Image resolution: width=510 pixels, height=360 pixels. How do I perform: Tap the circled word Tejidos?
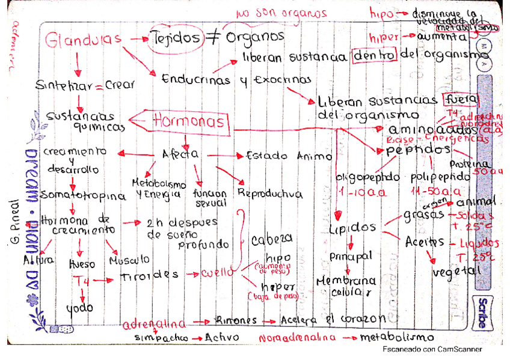pos(176,37)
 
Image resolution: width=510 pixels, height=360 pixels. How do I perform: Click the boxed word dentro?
pos(375,55)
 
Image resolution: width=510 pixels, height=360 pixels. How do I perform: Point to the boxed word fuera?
pos(459,99)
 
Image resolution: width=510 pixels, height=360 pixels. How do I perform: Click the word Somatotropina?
pos(84,196)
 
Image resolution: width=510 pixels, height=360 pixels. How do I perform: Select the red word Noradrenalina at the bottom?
pos(297,338)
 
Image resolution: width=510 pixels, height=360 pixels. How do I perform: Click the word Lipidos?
pos(352,228)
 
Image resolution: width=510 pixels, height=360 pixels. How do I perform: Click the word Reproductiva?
pos(270,194)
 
